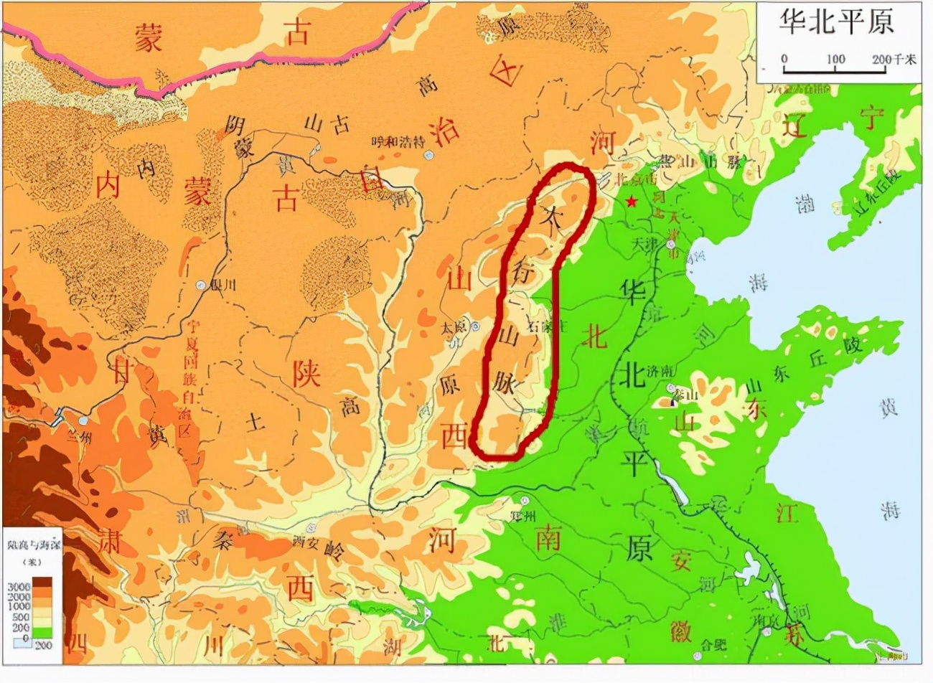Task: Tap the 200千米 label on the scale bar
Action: click(x=894, y=60)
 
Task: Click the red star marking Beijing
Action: click(x=631, y=202)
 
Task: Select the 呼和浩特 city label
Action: click(x=393, y=142)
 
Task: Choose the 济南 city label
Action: click(x=661, y=372)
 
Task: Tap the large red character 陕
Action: click(x=306, y=372)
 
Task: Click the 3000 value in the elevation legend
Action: click(x=18, y=586)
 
